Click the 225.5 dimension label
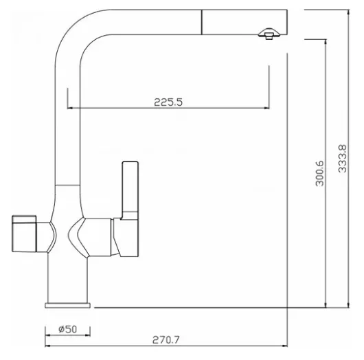click(168, 102)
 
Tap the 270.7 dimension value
click(166, 340)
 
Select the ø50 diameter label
click(67, 329)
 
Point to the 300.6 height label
click(319, 173)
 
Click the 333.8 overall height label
click(342, 159)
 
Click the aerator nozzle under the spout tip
click(269, 34)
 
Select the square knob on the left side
click(24, 234)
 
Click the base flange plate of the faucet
click(67, 306)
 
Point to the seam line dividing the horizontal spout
click(201, 22)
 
